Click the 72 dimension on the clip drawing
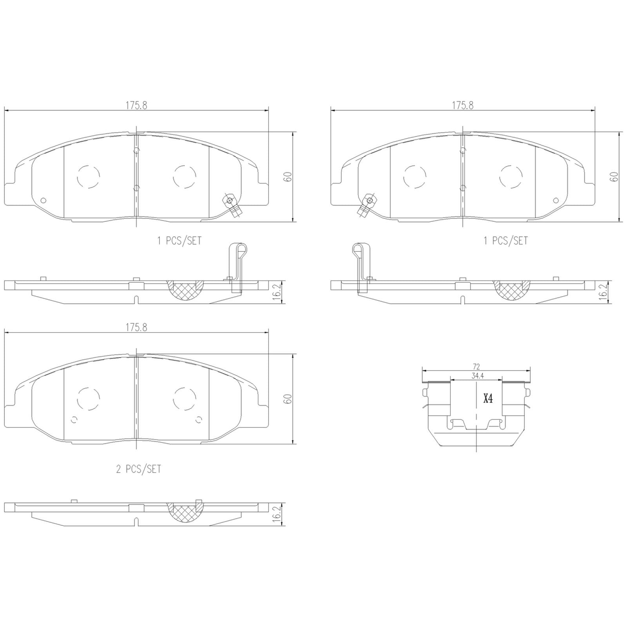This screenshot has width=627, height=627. pyautogui.click(x=476, y=367)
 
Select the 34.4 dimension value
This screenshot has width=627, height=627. pyautogui.click(x=476, y=376)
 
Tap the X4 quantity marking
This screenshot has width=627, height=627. pyautogui.click(x=487, y=399)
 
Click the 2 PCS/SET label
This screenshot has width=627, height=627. pyautogui.click(x=139, y=469)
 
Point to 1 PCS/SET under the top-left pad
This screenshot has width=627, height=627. pyautogui.click(x=179, y=241)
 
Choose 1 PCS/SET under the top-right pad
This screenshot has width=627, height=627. pyautogui.click(x=506, y=241)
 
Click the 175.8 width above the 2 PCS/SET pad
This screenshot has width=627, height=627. pyautogui.click(x=136, y=328)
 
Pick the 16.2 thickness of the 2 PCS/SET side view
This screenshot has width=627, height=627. pyautogui.click(x=277, y=514)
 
